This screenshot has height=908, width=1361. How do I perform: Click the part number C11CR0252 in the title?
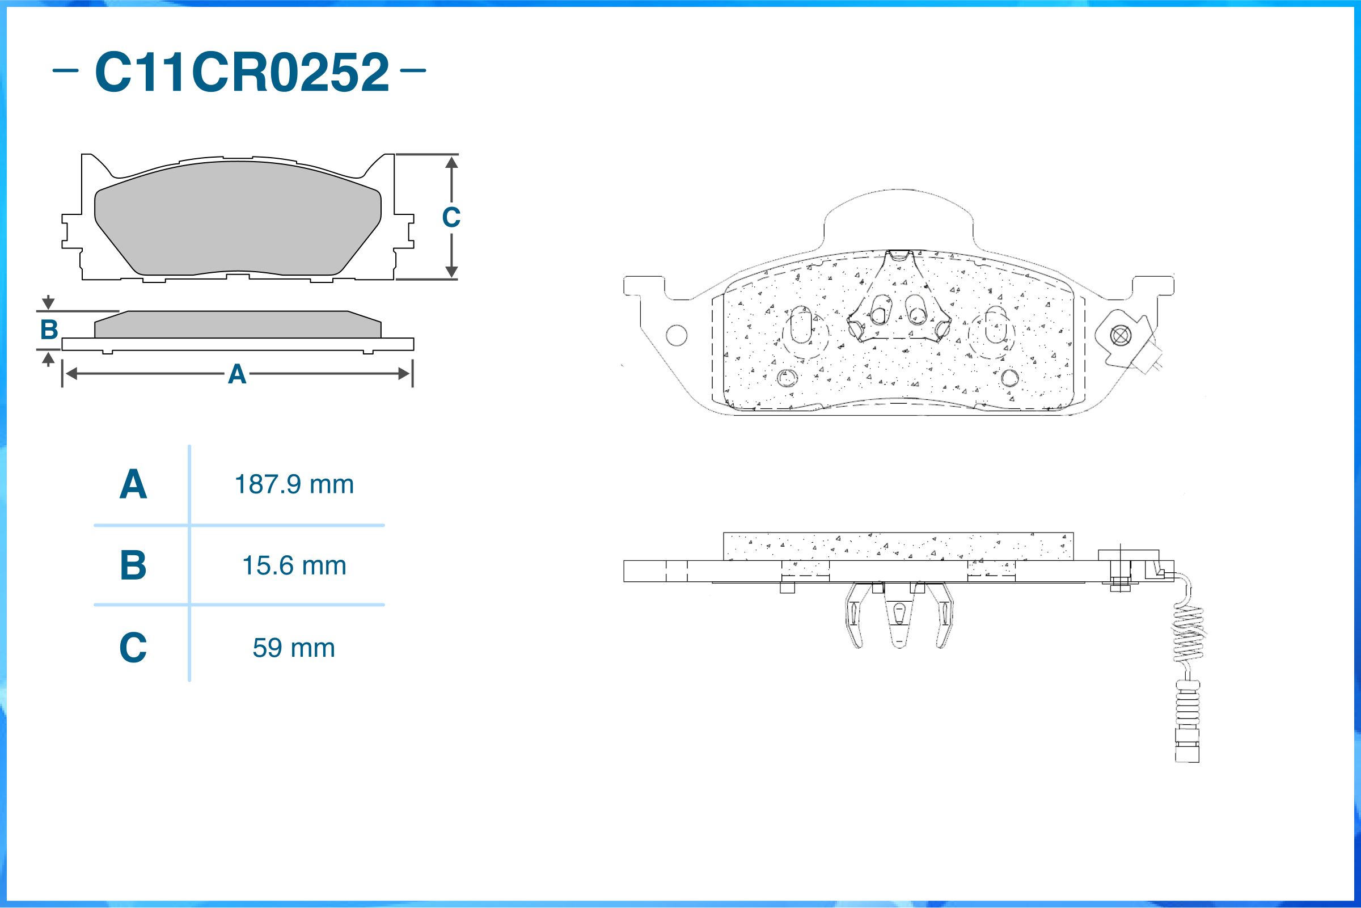click(x=242, y=72)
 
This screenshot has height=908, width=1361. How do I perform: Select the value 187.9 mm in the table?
click(x=294, y=484)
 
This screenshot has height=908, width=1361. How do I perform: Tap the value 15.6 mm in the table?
click(x=294, y=565)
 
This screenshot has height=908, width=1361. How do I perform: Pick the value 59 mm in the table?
click(x=294, y=648)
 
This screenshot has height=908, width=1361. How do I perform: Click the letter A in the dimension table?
click(x=133, y=484)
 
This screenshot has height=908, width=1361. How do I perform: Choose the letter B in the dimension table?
click(x=133, y=565)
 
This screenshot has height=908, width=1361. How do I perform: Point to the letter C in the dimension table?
click(x=133, y=648)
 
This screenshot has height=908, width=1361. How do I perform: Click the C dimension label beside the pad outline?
click(x=451, y=217)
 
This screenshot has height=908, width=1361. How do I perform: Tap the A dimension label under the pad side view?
click(x=238, y=374)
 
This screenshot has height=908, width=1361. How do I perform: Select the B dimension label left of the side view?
click(x=49, y=330)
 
